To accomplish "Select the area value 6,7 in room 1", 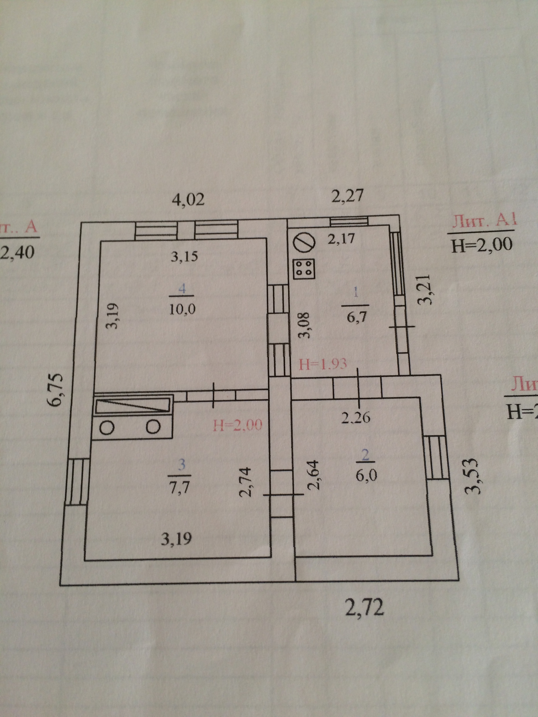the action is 356,317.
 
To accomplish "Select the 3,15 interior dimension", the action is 184,257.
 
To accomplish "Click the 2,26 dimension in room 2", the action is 356,418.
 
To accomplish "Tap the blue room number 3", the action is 182,465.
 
